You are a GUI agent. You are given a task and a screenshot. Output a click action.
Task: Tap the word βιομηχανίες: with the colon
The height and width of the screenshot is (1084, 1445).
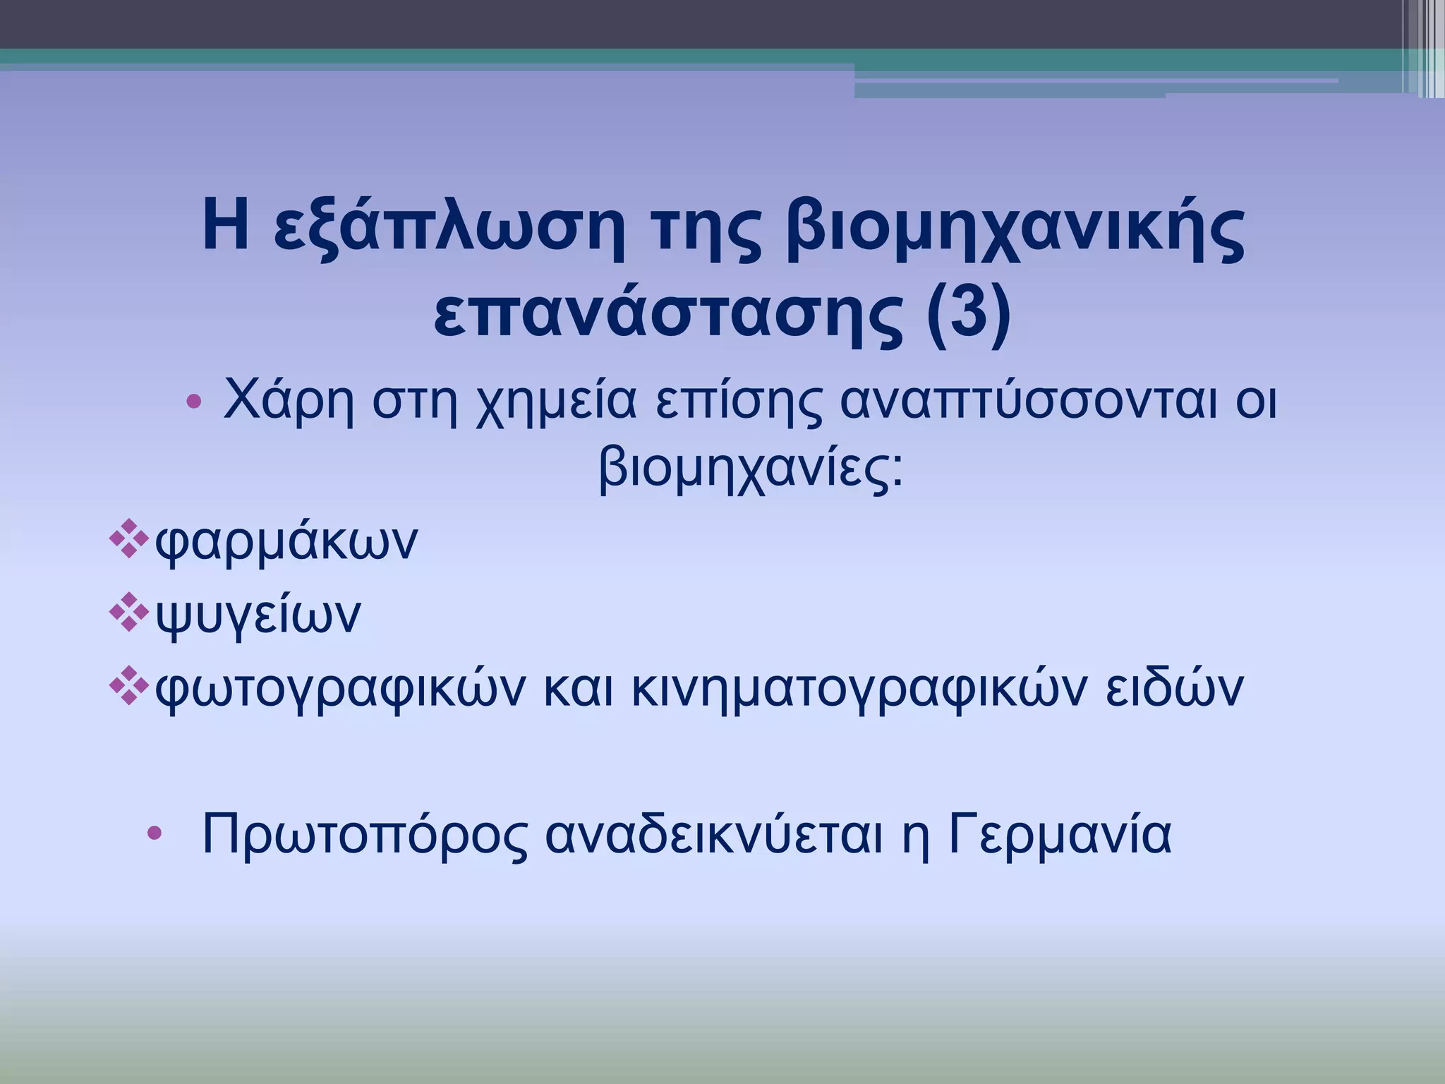(x=751, y=469)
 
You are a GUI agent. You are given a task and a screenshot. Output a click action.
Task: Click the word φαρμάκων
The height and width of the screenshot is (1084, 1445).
(x=286, y=542)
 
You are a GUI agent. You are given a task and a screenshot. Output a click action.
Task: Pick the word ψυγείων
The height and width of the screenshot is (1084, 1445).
(x=258, y=614)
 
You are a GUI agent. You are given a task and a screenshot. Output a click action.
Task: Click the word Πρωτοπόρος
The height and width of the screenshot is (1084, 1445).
(x=364, y=834)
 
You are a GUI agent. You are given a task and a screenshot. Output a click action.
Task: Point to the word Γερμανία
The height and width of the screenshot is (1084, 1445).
(x=1059, y=834)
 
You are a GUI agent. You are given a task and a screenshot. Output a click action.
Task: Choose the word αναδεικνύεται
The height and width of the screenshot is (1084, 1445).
(x=714, y=834)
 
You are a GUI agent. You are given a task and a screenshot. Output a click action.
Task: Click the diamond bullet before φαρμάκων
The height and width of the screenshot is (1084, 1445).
(x=129, y=539)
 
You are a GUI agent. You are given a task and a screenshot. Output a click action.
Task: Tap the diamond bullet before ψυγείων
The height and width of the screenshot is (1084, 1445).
(x=129, y=611)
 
